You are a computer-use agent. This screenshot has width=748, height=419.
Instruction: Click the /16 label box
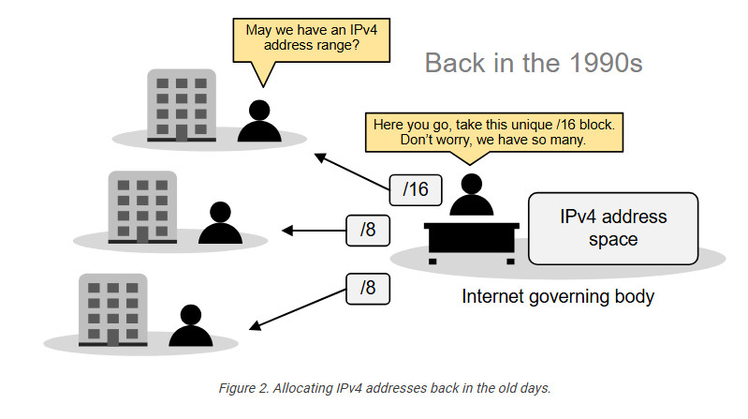[x=415, y=188]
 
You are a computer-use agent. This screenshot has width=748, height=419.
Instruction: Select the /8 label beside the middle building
[x=368, y=231]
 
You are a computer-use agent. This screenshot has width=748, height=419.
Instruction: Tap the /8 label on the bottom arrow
[x=368, y=288]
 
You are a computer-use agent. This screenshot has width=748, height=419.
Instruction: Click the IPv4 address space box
[x=613, y=228]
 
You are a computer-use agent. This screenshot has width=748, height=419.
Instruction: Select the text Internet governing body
[x=558, y=297]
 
